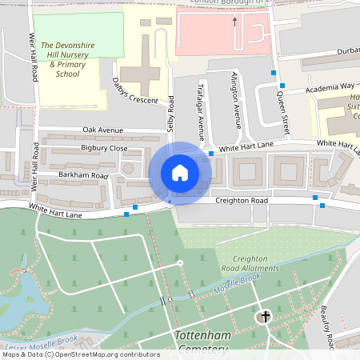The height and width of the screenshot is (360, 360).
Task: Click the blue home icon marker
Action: tap(180, 173)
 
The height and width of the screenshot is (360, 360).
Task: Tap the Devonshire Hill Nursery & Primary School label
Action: tap(70, 59)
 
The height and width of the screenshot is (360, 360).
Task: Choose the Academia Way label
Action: tap(335, 86)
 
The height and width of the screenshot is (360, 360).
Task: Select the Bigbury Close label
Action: tap(104, 148)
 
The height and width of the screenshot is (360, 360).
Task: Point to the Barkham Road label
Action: tap(84, 174)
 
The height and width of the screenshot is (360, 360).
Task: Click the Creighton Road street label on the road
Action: tap(245, 200)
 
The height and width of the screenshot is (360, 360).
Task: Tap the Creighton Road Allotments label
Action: tap(255, 263)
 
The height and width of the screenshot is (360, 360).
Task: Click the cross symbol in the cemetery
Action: tap(265, 318)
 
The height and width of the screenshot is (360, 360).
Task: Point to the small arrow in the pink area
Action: tap(234, 22)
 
